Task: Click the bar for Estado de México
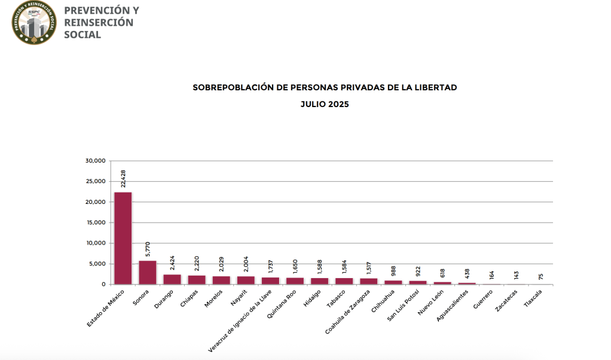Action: pos(123,238)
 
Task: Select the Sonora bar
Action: pos(148,272)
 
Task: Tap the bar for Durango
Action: pos(172,279)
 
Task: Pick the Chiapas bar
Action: pos(197,280)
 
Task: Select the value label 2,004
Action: pos(246,265)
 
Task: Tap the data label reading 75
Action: pos(540,276)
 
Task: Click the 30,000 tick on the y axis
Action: pos(96,161)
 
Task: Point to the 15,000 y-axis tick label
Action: pos(96,222)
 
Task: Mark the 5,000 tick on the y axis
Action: pos(97,264)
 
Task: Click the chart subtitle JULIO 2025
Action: pos(325,104)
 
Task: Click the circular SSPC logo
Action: pos(35,23)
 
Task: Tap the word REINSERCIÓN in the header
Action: pos(99,23)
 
